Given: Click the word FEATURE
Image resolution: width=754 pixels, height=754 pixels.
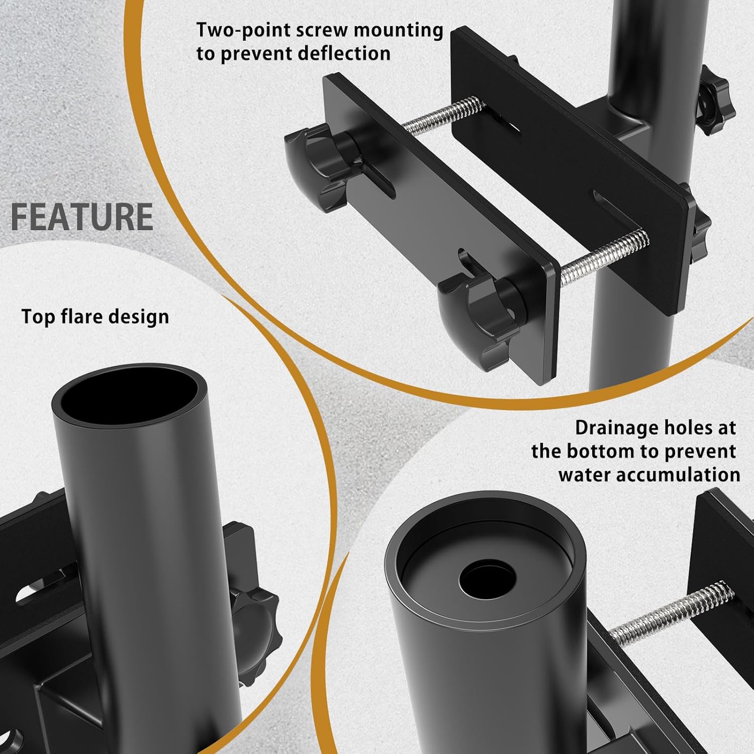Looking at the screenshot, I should point(82,217).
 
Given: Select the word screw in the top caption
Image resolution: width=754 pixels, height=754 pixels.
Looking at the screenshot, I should point(321,30).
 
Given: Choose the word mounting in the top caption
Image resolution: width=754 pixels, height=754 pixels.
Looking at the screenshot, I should point(398,30).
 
